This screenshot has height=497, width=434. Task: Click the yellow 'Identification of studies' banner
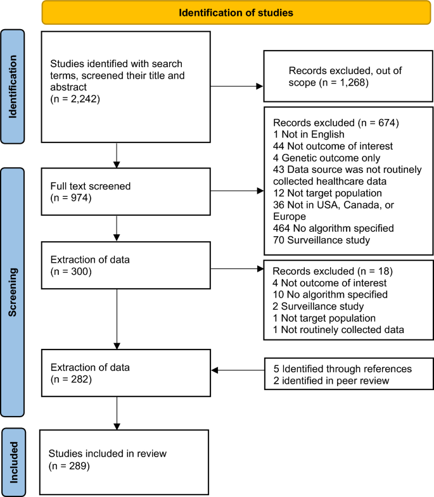(236, 12)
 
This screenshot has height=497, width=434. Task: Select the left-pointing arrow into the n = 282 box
(237, 371)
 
